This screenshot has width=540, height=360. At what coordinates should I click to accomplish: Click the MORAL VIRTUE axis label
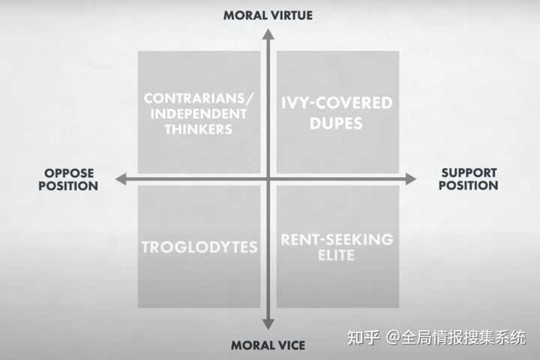268,16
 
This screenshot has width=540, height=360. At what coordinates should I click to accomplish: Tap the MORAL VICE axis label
268,345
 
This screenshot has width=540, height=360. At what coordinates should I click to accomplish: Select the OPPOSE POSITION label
68,179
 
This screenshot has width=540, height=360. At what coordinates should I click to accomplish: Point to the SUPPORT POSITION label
468,179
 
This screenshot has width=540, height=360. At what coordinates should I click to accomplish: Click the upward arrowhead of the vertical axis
268,34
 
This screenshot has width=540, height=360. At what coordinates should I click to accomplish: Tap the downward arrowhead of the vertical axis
268,324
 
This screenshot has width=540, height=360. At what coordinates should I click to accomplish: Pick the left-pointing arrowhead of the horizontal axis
121,179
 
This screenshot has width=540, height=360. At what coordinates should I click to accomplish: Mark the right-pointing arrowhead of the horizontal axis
411,179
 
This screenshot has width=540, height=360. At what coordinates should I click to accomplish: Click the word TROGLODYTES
199,247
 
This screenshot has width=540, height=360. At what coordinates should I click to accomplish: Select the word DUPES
336,123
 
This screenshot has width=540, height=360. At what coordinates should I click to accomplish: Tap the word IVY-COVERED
337,103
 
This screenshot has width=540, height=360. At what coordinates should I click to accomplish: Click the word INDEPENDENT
199,114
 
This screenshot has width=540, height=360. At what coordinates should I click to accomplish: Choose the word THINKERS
199,129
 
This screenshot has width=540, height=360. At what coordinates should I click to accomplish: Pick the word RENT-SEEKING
337,239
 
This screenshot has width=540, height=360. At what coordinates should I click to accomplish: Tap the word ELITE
336,255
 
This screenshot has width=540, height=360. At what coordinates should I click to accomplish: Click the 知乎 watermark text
363,337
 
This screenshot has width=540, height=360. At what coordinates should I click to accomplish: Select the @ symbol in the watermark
393,337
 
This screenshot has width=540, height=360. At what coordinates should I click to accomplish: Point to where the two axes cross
268,179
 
